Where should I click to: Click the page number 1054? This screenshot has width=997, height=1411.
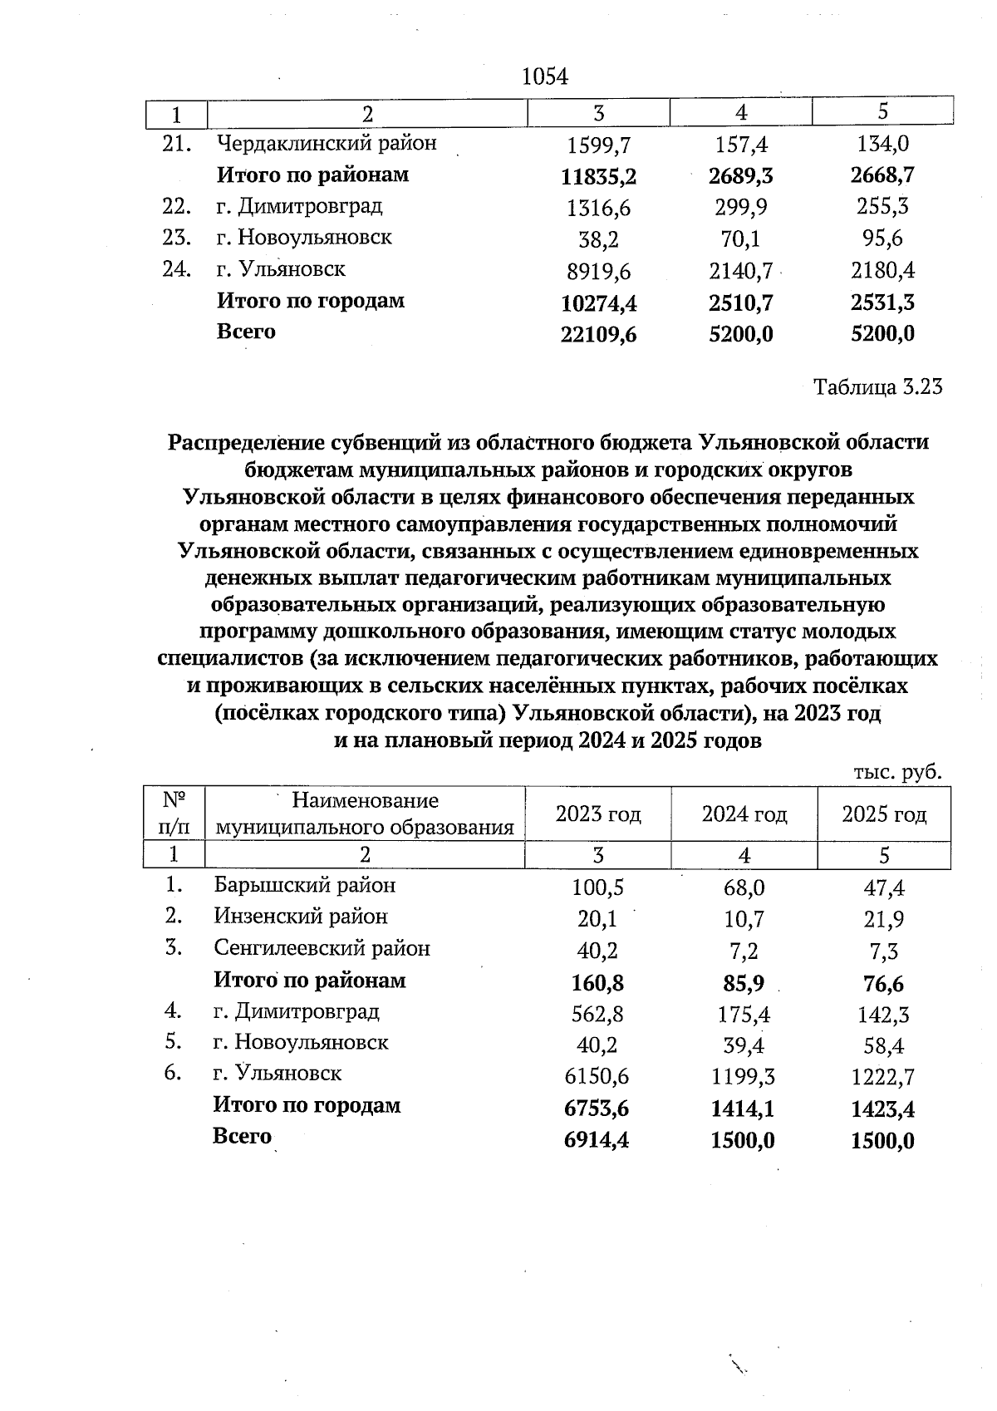click(544, 77)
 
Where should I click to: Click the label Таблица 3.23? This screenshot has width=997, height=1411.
click(878, 387)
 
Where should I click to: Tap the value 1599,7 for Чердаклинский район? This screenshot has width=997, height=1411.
click(598, 145)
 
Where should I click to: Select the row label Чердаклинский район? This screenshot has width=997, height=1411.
click(327, 144)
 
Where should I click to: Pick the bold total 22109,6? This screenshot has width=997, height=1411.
click(598, 334)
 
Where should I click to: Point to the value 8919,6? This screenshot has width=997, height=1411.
click(598, 271)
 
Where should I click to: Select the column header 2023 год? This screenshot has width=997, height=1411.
click(598, 814)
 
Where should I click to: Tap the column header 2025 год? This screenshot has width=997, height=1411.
click(884, 814)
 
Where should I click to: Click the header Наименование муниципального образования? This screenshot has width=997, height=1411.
click(365, 814)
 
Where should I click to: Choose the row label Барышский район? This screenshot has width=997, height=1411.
click(304, 885)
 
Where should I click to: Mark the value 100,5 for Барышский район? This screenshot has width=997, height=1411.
click(597, 887)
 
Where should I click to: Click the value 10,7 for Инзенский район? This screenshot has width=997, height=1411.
click(744, 919)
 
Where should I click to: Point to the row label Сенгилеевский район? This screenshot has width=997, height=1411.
click(322, 948)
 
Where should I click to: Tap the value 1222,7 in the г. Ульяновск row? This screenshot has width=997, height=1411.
click(883, 1078)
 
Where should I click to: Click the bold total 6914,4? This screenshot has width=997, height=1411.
click(596, 1140)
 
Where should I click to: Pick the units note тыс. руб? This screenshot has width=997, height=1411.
click(897, 773)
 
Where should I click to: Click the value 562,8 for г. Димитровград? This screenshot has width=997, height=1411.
click(597, 1014)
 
